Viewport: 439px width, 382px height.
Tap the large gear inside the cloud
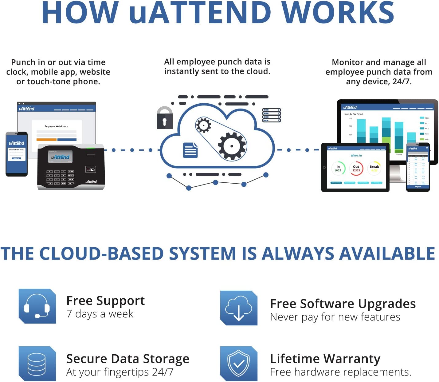coord(232,146)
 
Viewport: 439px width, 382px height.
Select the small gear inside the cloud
coord(203,125)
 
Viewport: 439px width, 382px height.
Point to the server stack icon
coord(271,115)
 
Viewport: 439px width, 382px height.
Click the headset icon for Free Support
coord(37,306)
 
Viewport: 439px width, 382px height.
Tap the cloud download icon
coord(239,308)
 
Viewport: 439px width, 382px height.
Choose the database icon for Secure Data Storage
coord(37,364)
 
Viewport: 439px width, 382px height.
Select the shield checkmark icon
coord(239,364)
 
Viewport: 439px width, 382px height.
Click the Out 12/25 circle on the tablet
coord(356,169)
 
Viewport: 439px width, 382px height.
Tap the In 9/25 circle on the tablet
coord(338,169)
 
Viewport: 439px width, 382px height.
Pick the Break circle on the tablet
coord(374,169)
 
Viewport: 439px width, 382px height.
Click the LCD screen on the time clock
coord(60,157)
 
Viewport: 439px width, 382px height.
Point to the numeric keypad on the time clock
coord(60,177)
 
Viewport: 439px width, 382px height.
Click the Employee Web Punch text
coord(56,126)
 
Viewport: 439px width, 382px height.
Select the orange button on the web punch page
coord(46,140)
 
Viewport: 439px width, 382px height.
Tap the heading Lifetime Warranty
coord(325,359)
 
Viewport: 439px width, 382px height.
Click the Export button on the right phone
coord(418,187)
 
